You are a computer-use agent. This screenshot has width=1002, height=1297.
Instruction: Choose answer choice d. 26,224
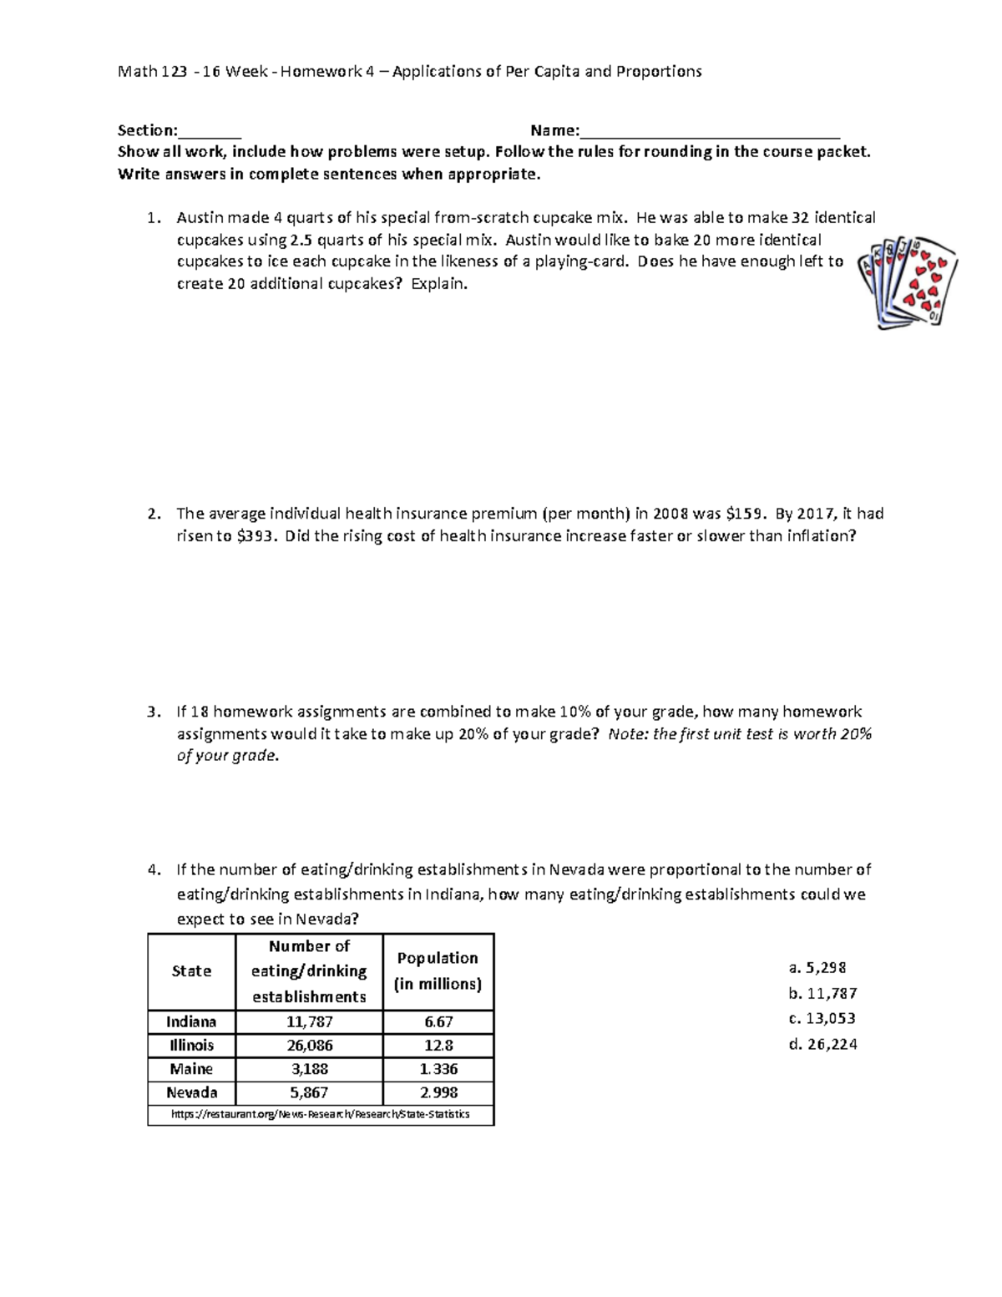(822, 1044)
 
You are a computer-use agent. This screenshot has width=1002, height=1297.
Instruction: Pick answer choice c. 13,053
(822, 1018)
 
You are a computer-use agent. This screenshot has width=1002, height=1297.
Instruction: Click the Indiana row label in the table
(191, 1021)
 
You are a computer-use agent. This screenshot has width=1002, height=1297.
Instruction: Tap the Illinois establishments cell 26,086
(309, 1045)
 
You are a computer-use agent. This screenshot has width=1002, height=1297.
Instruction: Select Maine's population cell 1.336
(438, 1069)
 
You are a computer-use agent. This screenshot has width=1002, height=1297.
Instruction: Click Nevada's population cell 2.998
(438, 1092)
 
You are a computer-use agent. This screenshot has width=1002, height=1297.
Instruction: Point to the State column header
(191, 970)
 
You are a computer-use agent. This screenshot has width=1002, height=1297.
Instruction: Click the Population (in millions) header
(438, 970)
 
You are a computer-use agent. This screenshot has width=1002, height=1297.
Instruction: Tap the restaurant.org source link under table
(321, 1114)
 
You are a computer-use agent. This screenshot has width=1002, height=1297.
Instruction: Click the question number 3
(153, 712)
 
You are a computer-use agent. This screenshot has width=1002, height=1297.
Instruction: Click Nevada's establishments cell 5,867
(309, 1092)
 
